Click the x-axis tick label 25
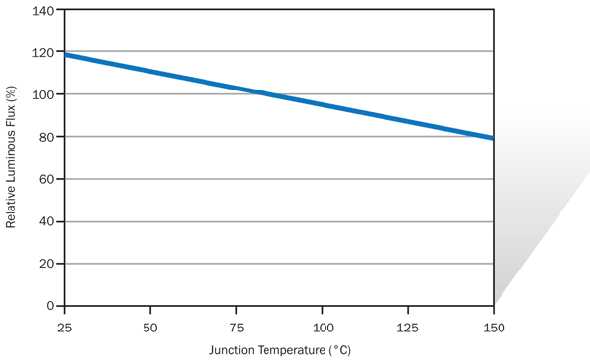tap(65, 325)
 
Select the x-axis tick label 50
tap(150, 325)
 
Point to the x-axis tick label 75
tap(236, 325)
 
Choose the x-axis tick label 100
tap(322, 325)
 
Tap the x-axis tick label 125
tap(407, 325)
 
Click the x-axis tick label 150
tap(493, 325)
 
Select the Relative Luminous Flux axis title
tap(12, 157)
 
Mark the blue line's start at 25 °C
tap(66, 55)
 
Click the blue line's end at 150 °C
tap(492, 138)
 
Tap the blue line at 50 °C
tap(150, 72)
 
